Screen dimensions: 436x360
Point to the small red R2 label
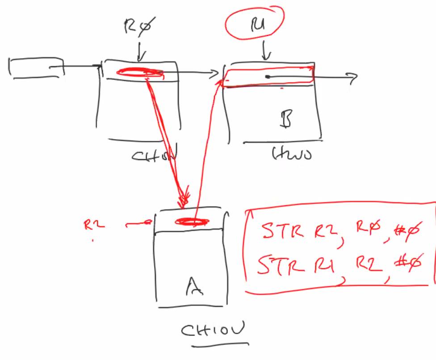pyautogui.click(x=94, y=225)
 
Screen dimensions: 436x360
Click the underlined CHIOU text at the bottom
pyautogui.click(x=214, y=331)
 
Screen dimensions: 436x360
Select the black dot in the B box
pyautogui.click(x=267, y=77)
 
